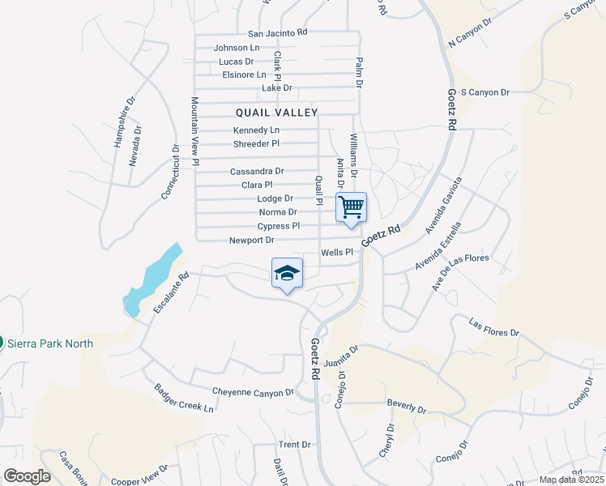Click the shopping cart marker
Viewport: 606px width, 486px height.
click(352, 207)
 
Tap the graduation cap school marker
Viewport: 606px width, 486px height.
click(287, 273)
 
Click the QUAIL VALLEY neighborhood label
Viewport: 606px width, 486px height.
click(277, 113)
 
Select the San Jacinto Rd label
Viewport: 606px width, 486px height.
click(278, 33)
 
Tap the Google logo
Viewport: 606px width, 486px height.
click(27, 476)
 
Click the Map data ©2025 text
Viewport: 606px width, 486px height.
click(571, 480)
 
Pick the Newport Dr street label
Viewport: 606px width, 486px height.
click(252, 241)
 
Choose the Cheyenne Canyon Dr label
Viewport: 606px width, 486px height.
click(253, 392)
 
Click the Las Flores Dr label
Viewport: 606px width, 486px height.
click(493, 328)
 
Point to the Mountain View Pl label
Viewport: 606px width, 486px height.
click(195, 132)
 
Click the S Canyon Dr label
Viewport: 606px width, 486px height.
click(484, 92)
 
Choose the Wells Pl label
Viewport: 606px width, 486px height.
click(338, 253)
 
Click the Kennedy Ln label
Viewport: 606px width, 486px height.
click(256, 130)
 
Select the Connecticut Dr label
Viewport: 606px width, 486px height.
click(170, 172)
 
